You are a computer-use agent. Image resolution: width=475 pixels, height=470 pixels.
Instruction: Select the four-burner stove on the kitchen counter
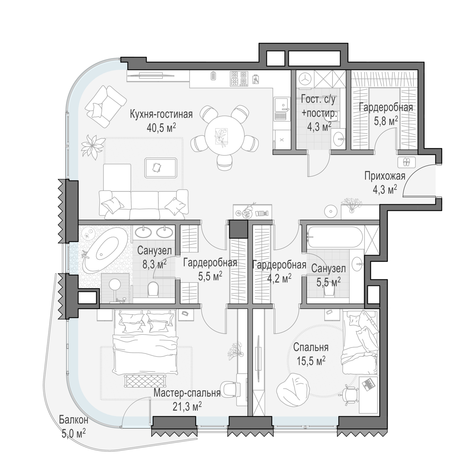coord(239,78)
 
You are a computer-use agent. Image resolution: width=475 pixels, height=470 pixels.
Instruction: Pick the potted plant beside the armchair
coord(93,145)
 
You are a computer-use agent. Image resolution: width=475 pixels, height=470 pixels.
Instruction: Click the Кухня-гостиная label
coord(161,114)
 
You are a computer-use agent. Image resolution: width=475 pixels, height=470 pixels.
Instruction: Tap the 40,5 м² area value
coord(161,127)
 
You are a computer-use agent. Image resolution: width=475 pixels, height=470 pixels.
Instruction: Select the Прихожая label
coord(385,176)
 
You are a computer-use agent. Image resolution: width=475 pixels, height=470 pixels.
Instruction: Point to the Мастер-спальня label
coord(187,393)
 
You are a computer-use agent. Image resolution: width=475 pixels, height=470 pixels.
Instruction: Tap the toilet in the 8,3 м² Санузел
coord(153,288)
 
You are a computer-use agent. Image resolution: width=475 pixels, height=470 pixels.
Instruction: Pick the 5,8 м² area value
coord(386,121)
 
